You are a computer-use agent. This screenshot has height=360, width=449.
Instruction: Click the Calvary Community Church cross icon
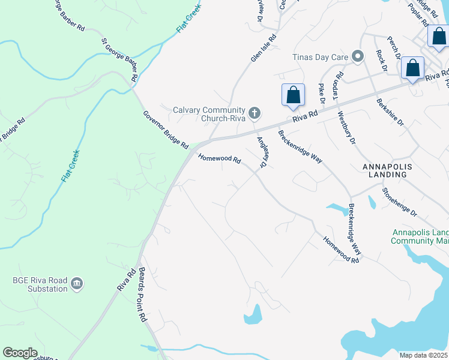255,112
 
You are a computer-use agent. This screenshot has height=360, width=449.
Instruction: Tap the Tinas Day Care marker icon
358,57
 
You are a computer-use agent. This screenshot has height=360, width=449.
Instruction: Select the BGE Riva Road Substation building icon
76,283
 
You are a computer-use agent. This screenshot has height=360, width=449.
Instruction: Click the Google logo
20,353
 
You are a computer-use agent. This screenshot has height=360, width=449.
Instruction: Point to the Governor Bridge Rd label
166,130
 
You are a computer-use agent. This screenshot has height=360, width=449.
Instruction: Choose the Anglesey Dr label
262,152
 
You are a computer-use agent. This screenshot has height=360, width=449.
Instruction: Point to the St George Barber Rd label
121,59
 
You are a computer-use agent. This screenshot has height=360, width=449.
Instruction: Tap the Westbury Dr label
346,127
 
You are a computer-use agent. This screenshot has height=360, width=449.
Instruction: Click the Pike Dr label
321,94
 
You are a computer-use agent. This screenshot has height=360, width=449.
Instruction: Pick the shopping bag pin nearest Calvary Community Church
293,95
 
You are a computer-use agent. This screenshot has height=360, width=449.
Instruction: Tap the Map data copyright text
424,355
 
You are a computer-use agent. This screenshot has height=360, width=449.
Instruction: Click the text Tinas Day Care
321,58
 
